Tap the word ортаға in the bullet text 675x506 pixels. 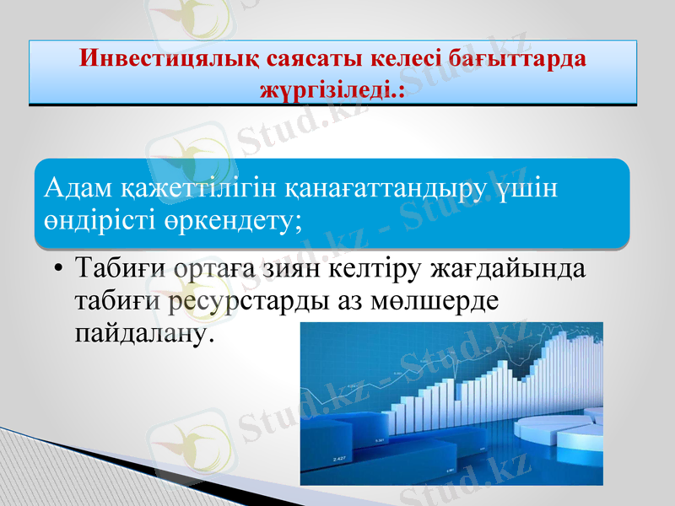(216, 272)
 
